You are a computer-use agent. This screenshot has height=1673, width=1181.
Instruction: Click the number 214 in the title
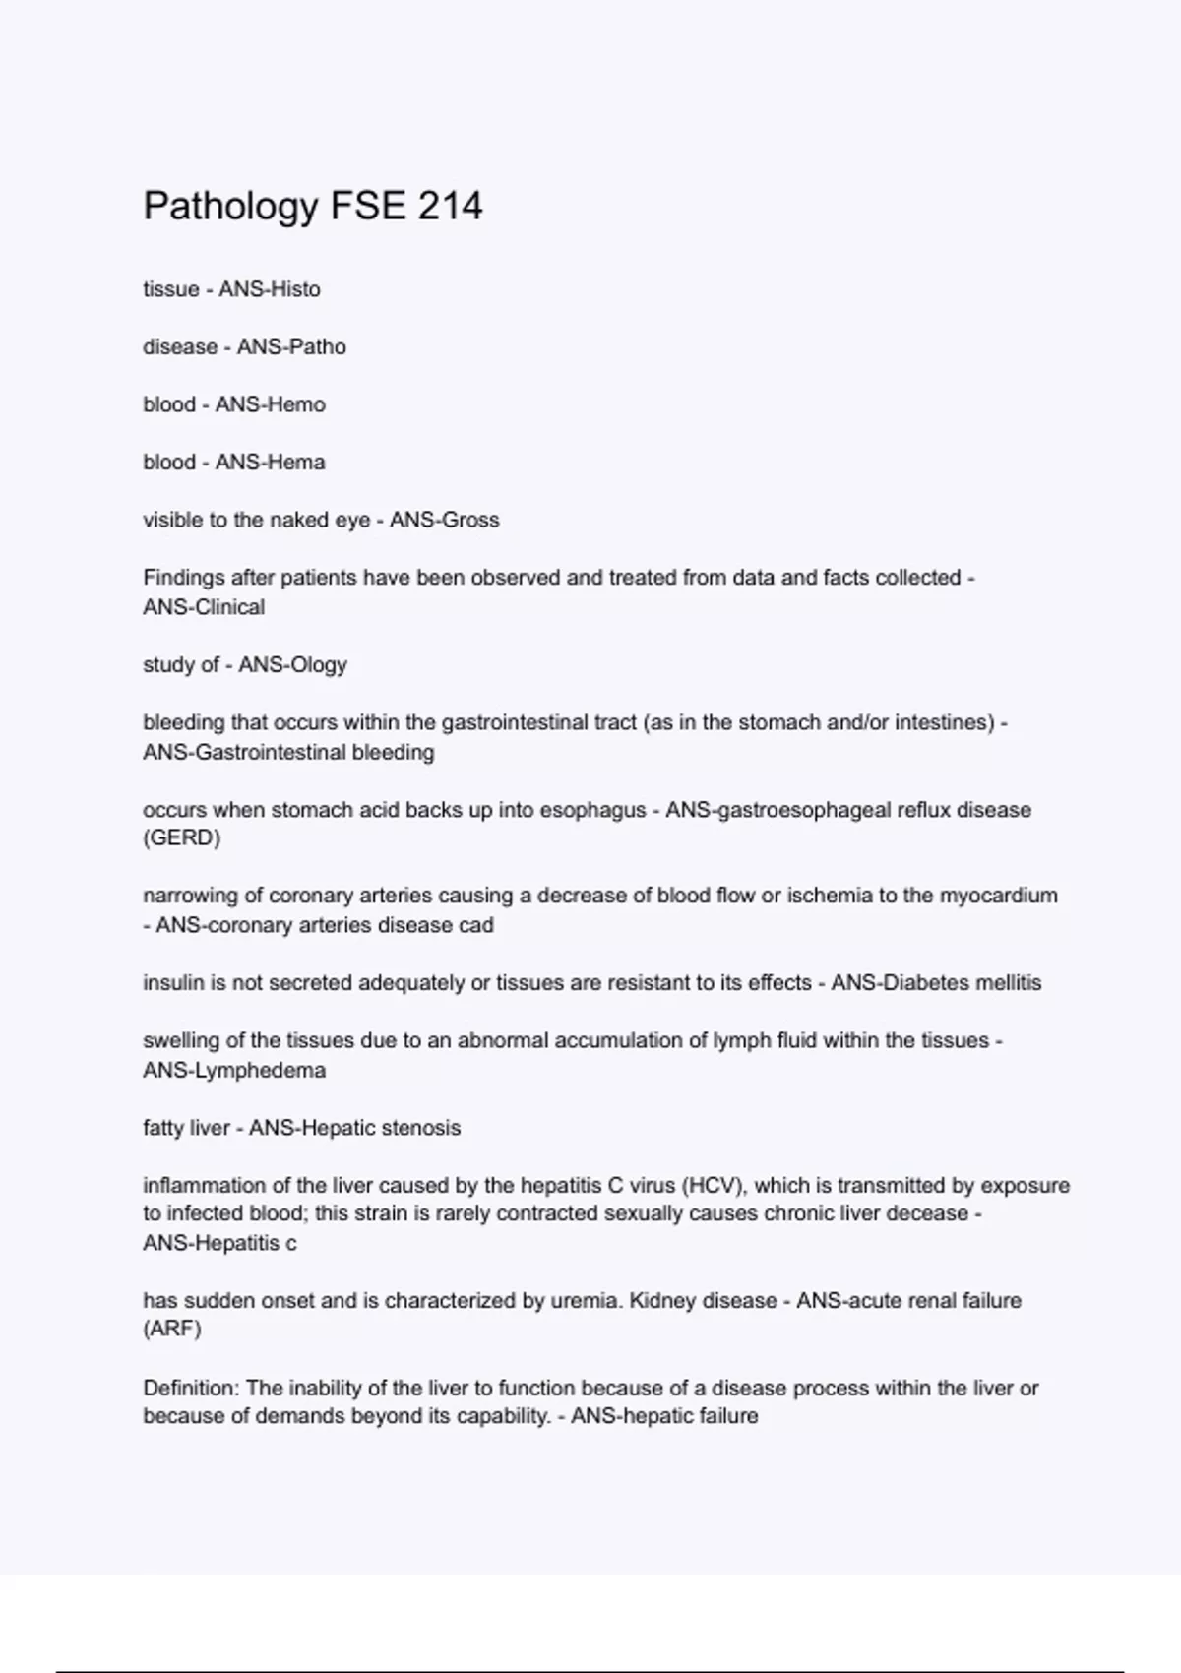click(x=450, y=206)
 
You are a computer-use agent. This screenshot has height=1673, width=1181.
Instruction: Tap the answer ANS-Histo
click(x=270, y=289)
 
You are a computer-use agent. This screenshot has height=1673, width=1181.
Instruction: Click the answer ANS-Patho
click(x=291, y=346)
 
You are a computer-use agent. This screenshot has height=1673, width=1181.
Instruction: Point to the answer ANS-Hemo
click(x=270, y=404)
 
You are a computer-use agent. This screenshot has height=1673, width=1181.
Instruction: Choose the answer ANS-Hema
click(x=270, y=462)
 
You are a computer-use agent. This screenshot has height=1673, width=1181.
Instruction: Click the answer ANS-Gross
click(x=444, y=520)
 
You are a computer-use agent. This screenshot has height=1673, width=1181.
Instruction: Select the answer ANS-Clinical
click(x=204, y=607)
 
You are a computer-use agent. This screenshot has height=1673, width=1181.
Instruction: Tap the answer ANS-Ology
click(x=292, y=665)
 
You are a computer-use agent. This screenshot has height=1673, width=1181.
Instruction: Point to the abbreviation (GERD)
click(x=182, y=837)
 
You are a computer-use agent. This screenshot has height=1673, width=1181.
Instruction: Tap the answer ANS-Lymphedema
click(x=234, y=1070)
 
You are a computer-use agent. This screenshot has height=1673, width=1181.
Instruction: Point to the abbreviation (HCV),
click(x=714, y=1185)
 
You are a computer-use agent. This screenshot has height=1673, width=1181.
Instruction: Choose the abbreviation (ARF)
click(x=172, y=1329)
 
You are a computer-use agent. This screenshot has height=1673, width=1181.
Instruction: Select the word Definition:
click(x=191, y=1388)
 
